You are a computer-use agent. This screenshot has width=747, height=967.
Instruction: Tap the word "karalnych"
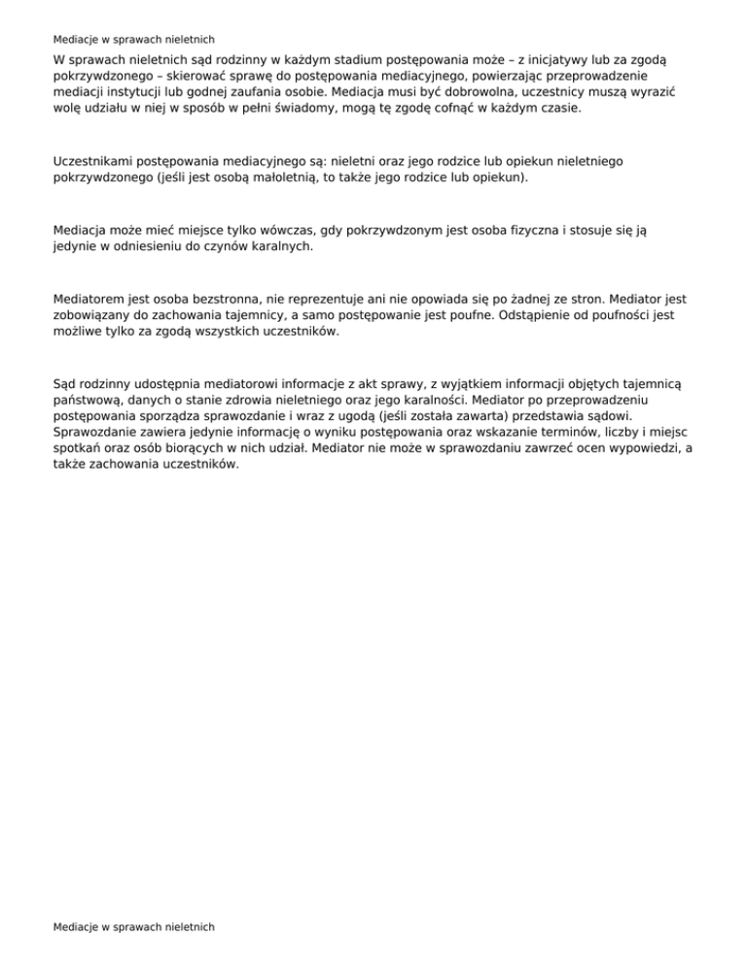click(x=281, y=247)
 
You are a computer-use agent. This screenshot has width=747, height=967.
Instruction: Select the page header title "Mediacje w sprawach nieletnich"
click(x=134, y=40)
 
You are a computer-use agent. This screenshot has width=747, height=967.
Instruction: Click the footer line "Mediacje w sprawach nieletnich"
click(x=134, y=927)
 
